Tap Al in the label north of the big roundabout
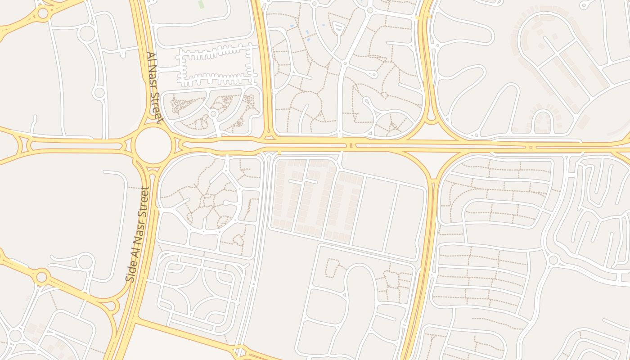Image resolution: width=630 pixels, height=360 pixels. [x=150, y=58]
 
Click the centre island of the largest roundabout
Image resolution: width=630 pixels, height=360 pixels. [x=153, y=145]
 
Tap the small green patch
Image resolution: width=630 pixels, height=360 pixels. [x=201, y=4]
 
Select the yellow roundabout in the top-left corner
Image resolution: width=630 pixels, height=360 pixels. [x=43, y=13]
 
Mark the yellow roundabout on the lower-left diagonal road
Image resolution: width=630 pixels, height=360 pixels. [x=41, y=276]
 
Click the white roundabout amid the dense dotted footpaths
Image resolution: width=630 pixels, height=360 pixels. [x=213, y=114]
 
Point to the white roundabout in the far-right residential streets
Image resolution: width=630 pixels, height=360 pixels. [x=553, y=260]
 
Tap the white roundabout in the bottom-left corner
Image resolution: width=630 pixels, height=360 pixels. [x=15, y=335]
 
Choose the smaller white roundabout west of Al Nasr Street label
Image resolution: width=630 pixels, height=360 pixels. [x=99, y=93]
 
